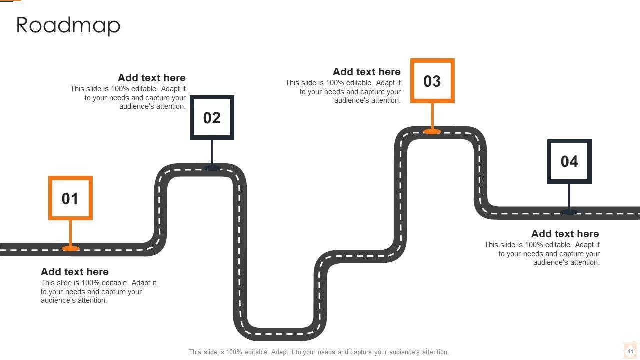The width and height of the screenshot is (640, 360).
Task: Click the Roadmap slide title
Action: (68, 26)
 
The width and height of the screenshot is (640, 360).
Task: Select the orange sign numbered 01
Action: (70, 198)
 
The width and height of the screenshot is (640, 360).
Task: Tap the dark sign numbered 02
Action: (212, 118)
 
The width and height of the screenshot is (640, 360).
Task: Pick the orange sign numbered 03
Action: (432, 81)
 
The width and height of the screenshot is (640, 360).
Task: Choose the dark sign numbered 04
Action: (569, 161)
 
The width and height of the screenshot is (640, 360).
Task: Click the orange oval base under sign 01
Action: (70, 248)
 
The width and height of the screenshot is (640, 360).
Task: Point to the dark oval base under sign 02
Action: (212, 168)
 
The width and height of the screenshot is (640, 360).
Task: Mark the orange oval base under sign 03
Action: (432, 131)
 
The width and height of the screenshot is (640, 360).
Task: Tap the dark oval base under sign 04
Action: (569, 212)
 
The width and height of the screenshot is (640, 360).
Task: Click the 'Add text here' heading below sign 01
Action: (74, 272)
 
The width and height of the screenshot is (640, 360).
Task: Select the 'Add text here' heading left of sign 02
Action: (151, 78)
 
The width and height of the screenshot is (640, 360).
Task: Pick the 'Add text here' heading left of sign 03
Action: (366, 72)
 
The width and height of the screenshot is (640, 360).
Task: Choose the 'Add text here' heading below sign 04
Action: (565, 234)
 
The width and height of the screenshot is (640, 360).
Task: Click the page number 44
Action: (630, 351)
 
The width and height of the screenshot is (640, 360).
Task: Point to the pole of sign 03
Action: (432, 115)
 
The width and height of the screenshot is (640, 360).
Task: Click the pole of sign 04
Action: (569, 196)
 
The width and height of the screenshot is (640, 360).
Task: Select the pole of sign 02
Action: (212, 152)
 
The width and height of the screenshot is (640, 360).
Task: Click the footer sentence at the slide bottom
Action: (319, 352)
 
